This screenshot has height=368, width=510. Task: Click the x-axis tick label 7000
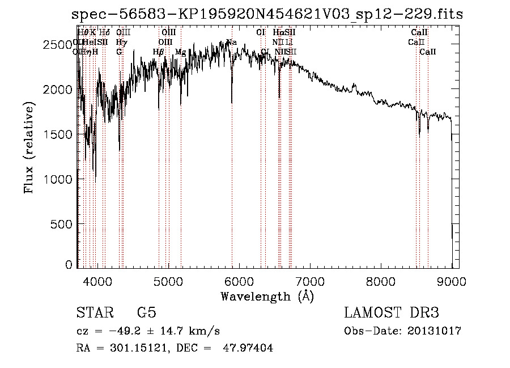309,280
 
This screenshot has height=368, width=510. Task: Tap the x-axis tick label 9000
452,280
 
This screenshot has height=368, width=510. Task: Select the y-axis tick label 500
63,224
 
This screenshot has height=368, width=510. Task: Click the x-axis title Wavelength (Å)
267,296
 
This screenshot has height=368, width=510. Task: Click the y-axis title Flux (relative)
29,147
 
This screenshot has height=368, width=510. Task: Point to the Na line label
231,42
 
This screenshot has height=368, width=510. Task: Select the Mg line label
180,52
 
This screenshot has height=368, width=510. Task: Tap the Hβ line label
159,52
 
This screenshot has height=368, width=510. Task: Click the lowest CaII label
428,52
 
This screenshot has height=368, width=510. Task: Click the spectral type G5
147,313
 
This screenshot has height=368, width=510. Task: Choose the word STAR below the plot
93,313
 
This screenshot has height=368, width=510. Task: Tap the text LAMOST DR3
392,313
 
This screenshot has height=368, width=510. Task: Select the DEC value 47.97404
249,348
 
